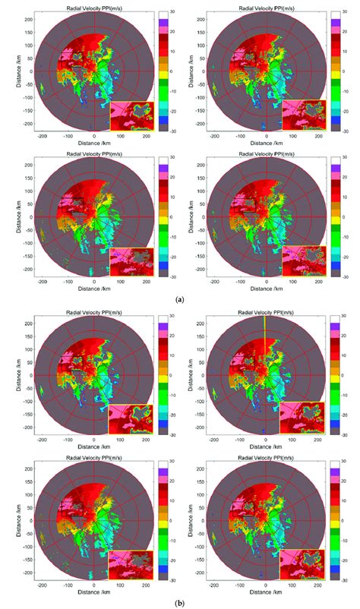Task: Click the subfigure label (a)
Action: click(x=180, y=300)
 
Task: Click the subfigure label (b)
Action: click(x=180, y=602)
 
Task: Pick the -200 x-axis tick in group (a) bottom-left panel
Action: click(x=43, y=289)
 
